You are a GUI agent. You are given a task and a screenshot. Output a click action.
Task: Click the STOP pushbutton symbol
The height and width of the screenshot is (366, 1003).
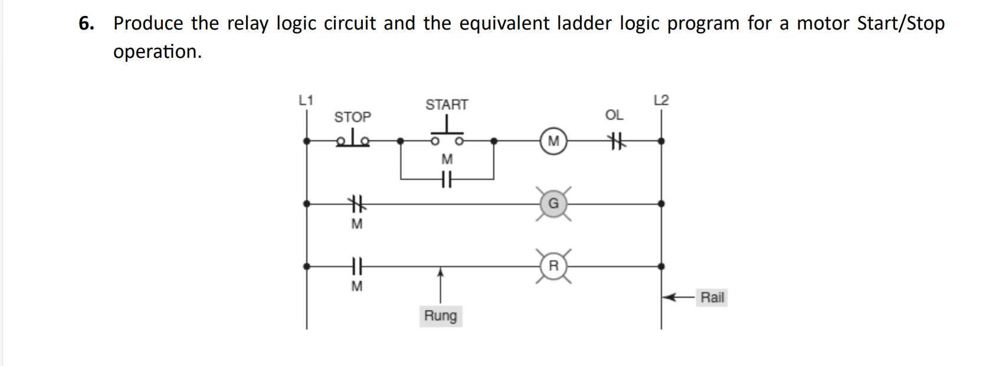point(353,139)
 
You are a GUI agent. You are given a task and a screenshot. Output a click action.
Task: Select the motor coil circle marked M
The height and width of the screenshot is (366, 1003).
point(553,141)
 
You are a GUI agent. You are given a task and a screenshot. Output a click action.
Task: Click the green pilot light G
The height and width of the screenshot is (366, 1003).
point(553,204)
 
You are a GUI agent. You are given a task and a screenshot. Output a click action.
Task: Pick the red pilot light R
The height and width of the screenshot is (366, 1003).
point(553,266)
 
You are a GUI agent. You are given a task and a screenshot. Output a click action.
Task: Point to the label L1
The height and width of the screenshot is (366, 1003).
point(306,100)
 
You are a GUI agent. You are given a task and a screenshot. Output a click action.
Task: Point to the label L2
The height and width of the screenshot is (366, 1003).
point(661,100)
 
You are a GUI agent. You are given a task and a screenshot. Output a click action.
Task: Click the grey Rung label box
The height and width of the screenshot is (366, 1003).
point(440,316)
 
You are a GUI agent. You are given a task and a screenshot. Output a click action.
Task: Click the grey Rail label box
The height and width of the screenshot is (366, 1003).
point(712,298)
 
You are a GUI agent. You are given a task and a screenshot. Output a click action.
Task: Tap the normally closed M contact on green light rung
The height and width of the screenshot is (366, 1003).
point(356,204)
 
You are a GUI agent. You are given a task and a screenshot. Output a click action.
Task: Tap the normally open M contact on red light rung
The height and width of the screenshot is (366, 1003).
point(356,266)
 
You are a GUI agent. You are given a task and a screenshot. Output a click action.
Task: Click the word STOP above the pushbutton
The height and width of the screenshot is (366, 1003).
point(353,117)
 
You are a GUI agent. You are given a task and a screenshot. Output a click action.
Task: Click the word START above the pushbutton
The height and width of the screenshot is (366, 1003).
point(447,104)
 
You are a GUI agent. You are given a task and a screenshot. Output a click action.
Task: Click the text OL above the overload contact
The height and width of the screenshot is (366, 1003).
point(614,115)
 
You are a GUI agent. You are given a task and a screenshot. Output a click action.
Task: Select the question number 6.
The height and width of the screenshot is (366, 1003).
point(86,24)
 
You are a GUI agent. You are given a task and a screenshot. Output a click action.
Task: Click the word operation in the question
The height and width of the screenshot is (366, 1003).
point(157,52)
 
